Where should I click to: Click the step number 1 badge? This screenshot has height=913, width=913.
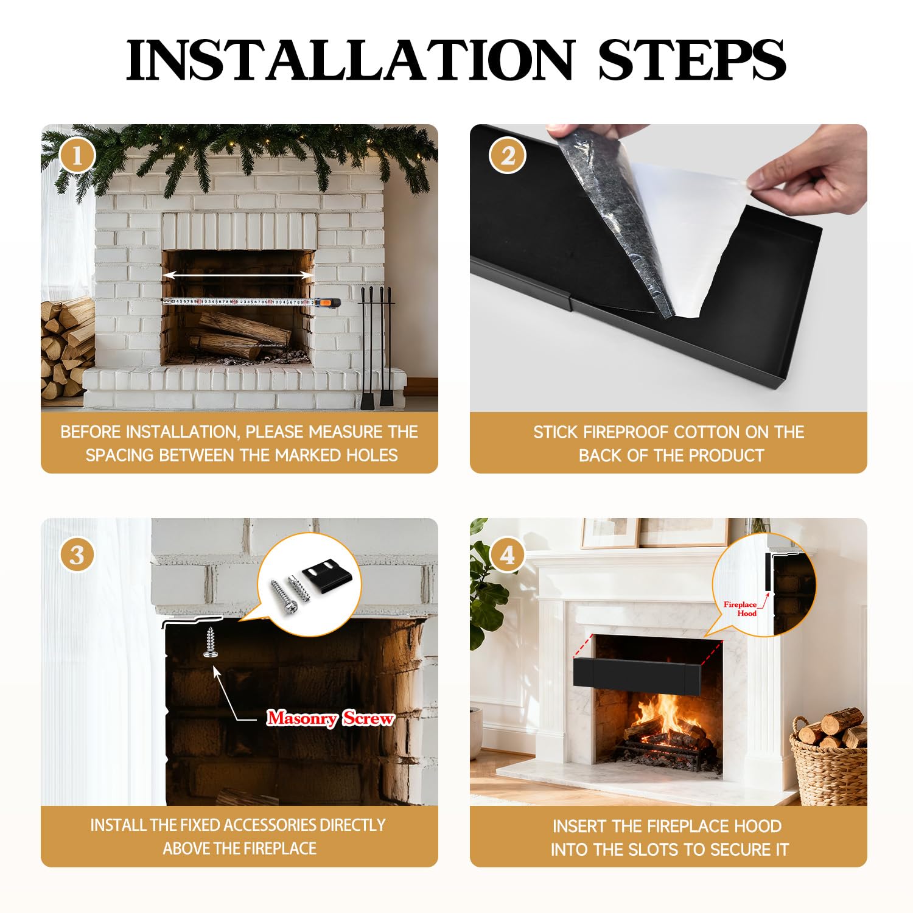click(x=77, y=156)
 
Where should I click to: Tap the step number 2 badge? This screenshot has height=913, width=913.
click(x=507, y=156)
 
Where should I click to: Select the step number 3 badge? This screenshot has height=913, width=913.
click(x=77, y=554)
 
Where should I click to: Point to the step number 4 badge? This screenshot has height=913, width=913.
click(x=507, y=554)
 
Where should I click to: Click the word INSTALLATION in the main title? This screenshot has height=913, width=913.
click(x=350, y=60)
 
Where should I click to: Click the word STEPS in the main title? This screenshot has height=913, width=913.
click(x=692, y=60)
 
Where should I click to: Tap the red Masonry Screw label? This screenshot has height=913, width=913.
click(x=331, y=718)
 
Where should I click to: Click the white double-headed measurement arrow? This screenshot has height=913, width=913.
click(x=239, y=276)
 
